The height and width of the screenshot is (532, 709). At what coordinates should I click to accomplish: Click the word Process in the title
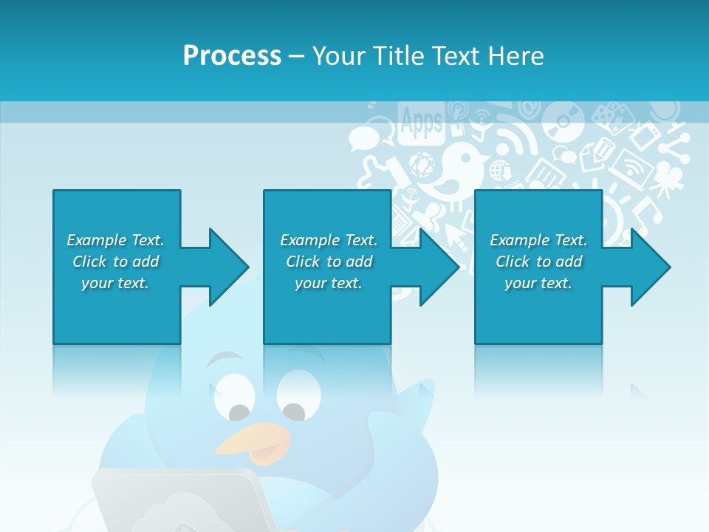[232, 55]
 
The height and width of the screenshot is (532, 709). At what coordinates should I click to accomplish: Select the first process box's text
[115, 262]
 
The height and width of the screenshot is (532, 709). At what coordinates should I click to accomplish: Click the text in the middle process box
[329, 262]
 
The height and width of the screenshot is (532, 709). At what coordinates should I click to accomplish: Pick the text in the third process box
[538, 262]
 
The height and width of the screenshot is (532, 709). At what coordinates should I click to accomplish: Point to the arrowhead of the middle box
[439, 267]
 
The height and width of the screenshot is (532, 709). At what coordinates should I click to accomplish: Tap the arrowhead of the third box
[650, 267]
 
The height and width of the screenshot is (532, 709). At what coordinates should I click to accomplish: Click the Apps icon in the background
[421, 120]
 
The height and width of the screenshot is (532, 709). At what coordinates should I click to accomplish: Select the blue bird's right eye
[294, 412]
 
